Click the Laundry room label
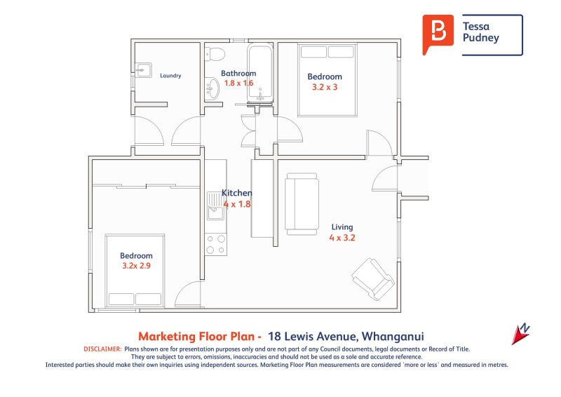[x=170, y=76]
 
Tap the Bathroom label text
[x=238, y=73]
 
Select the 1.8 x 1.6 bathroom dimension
[x=238, y=83]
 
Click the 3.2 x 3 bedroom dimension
[x=325, y=88]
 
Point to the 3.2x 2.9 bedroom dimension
[x=135, y=267]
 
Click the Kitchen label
[x=236, y=193]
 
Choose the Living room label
[x=342, y=227]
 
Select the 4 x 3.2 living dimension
[x=342, y=238]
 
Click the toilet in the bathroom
[x=215, y=54]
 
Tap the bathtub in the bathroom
[x=261, y=73]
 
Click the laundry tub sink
[x=143, y=69]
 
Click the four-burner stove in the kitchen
[x=216, y=243]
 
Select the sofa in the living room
[x=301, y=203]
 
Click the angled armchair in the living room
[x=372, y=278]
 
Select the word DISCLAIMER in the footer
[x=102, y=349]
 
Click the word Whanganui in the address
[x=393, y=336]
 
